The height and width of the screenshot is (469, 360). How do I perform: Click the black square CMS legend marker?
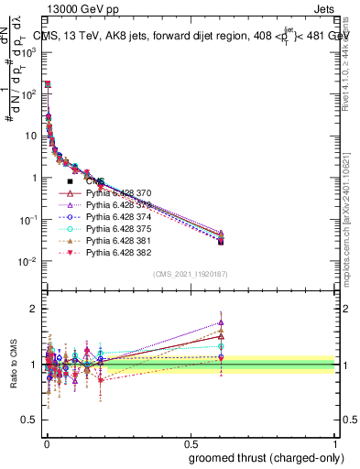pos(70,182)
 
